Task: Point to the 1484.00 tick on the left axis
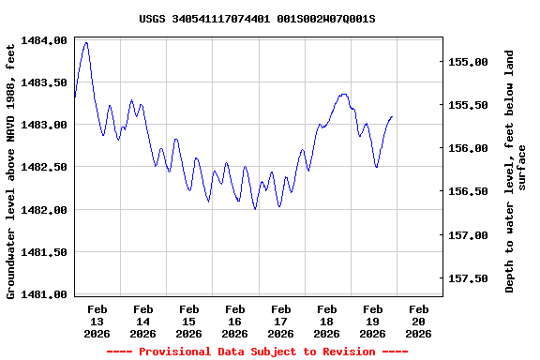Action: pos(44,40)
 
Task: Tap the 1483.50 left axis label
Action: pos(44,82)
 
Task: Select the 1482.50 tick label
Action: pos(44,167)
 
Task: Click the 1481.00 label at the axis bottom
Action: pos(44,294)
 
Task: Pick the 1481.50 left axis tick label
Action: pos(44,252)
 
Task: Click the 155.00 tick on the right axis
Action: pos(470,62)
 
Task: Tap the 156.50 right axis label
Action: pos(470,191)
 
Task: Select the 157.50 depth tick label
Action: pos(470,278)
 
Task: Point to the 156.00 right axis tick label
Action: pos(470,148)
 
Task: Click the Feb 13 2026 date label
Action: pos(97,321)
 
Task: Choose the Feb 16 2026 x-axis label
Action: pos(234,321)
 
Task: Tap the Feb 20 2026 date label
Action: pos(418,321)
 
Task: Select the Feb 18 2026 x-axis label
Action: pos(326,321)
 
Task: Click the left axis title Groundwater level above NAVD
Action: pos(11,169)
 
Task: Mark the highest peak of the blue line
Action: pos(86,42)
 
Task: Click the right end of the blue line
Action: pos(392,116)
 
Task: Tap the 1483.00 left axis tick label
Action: pos(44,125)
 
